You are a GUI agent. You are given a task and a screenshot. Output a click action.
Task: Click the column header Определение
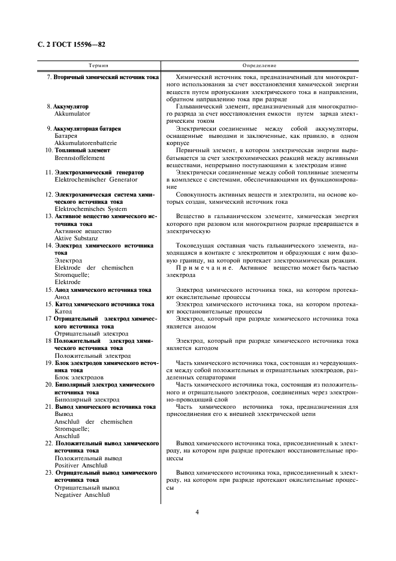[259, 65]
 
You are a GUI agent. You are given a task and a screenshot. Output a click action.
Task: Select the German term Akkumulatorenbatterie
[85, 143]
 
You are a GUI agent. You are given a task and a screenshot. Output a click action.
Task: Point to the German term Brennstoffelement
[80, 158]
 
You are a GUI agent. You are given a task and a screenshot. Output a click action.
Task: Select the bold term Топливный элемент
[82, 150]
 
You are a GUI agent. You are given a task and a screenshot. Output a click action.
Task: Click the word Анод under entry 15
[62, 297]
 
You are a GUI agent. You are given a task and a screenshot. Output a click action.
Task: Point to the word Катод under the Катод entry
[63, 312]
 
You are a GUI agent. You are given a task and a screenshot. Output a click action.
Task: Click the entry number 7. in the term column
[49, 78]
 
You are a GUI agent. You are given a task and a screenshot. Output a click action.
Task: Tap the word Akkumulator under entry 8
[72, 113]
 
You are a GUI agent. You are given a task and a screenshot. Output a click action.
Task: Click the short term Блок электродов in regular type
[78, 378]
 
